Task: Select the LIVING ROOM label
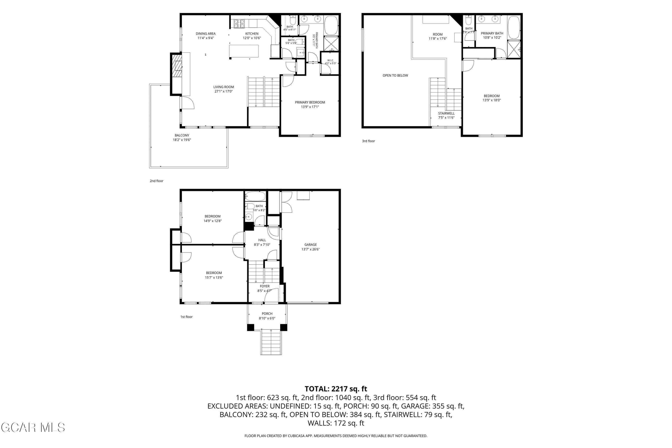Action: [223, 87]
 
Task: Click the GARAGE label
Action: [310, 245]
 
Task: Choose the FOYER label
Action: [265, 286]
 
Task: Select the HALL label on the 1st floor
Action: [262, 240]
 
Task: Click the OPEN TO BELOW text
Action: [395, 75]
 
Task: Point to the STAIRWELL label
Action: [446, 113]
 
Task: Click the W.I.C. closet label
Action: [330, 60]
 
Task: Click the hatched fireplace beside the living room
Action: [178, 69]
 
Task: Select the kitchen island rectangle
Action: [244, 51]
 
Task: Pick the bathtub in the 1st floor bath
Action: [255, 196]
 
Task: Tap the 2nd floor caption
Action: [157, 181]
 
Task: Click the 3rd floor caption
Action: [368, 141]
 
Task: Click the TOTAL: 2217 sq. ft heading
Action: [336, 389]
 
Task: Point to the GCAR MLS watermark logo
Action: [33, 428]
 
